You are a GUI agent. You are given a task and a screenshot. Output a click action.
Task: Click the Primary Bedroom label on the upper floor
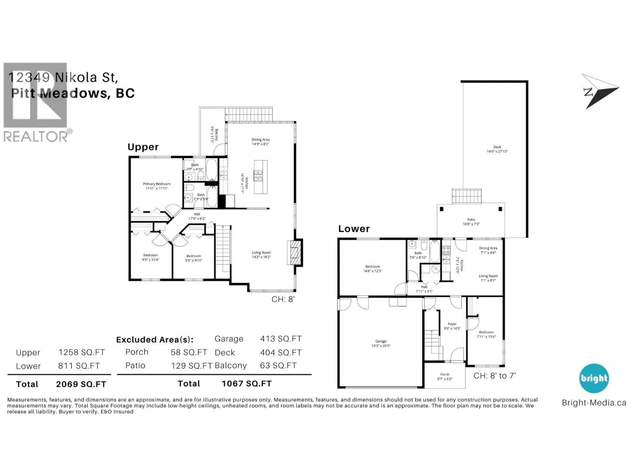[x=157, y=186]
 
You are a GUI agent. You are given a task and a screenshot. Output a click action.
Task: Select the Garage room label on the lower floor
[x=381, y=343]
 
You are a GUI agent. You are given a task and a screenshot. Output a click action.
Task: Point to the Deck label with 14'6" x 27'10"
[x=497, y=149]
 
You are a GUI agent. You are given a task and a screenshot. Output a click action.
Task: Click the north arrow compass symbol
[x=599, y=91]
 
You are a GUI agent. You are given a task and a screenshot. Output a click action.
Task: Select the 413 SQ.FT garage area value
[x=281, y=339]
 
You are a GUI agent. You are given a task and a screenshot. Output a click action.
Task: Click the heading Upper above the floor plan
[x=143, y=147]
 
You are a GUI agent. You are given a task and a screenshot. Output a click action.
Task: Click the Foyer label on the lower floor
[x=452, y=326]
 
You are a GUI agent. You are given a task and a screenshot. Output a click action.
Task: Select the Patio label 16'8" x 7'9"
[x=471, y=222]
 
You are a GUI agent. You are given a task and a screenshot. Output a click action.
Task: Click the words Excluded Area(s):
[x=155, y=340]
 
